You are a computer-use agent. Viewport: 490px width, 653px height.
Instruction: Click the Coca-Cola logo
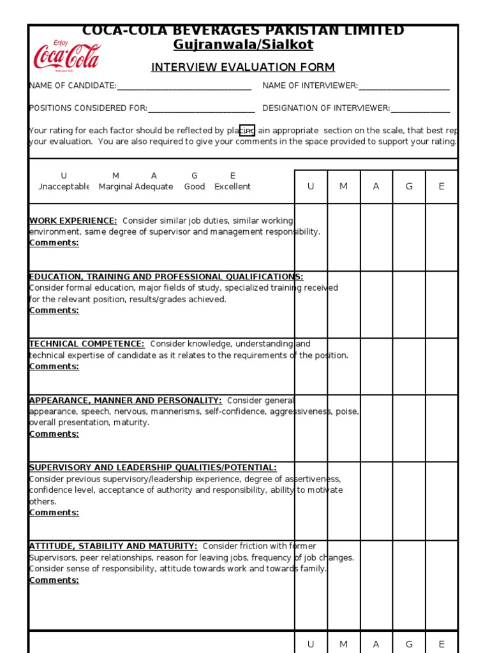67,56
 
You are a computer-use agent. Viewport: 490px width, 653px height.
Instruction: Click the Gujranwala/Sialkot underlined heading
243,45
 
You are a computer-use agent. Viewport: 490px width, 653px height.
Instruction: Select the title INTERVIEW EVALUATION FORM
242,68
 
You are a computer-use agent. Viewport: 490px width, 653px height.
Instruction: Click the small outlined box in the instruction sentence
247,131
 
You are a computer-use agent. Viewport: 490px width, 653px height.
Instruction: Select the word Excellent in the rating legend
232,187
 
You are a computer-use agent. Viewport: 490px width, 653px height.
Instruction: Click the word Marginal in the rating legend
115,187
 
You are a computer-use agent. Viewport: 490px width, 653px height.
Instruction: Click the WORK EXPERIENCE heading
73,221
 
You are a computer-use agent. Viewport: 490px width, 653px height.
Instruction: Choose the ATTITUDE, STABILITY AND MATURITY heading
113,546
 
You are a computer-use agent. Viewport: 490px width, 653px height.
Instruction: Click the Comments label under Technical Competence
54,367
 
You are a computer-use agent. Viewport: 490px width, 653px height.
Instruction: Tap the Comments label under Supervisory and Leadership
54,513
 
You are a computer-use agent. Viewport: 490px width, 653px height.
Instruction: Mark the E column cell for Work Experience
442,237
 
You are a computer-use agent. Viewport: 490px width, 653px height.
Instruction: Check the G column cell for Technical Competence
408,366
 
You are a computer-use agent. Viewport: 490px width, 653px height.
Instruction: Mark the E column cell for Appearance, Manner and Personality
442,428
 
